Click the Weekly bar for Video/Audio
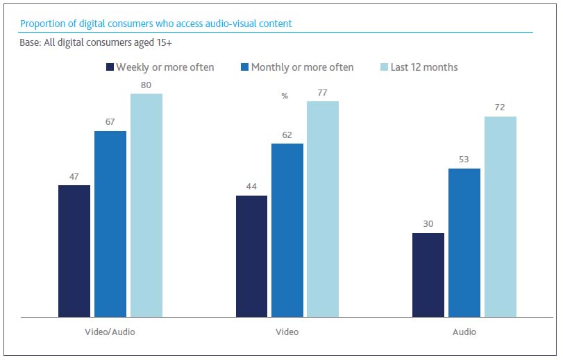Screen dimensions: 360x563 (74, 251)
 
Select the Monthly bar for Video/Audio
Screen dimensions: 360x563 (110, 224)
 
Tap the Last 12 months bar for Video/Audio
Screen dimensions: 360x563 (146, 205)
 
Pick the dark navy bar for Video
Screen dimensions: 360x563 (252, 257)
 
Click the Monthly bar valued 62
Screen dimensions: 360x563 (287, 230)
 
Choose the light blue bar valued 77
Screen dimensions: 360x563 (323, 209)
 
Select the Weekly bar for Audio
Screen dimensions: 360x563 (428, 275)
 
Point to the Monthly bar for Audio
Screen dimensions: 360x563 (464, 243)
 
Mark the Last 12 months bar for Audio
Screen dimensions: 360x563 (501, 217)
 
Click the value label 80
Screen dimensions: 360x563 (146, 84)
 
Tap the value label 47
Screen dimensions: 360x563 (74, 176)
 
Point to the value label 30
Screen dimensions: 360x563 (428, 224)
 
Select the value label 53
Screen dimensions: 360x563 (464, 159)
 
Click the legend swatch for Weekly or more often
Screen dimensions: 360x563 (110, 67)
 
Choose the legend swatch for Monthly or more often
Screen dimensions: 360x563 (244, 67)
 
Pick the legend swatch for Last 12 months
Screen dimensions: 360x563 (383, 67)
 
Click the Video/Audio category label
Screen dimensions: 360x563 (110, 332)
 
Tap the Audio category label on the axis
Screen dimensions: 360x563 (464, 332)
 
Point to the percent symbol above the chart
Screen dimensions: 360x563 (285, 96)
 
